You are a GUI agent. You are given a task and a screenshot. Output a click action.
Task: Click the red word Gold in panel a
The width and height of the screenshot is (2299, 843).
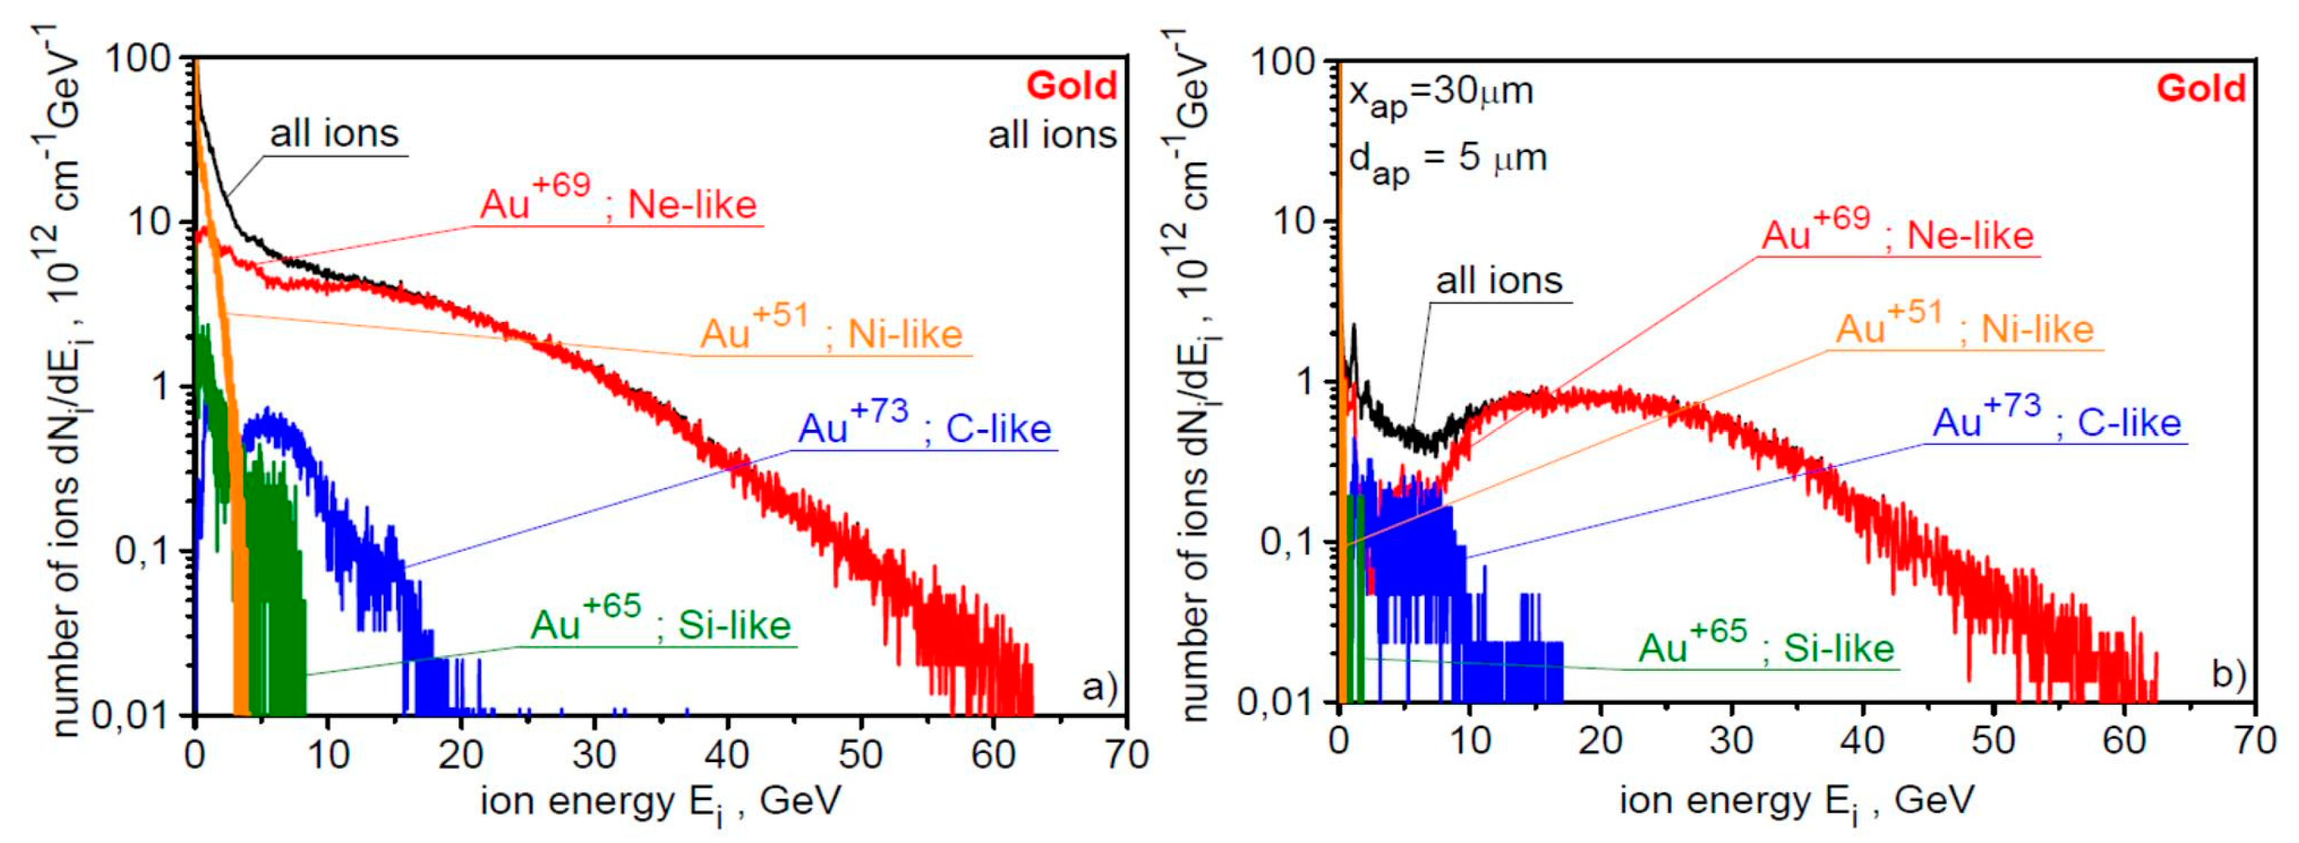coord(1071,86)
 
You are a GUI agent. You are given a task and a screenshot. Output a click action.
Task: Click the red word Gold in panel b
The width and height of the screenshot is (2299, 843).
coord(2200,88)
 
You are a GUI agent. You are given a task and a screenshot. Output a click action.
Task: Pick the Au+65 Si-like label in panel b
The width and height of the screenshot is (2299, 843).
coord(1766,644)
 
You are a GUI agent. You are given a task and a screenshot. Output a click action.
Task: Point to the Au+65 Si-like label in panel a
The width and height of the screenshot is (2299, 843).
coord(661,621)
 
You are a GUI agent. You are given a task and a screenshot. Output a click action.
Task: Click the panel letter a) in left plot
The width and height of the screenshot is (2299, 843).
coord(1098,687)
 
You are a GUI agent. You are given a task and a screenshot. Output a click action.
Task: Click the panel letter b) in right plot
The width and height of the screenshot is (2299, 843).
coord(2228,674)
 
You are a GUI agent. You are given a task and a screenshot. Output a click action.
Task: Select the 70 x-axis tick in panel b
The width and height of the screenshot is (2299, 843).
coord(2252,741)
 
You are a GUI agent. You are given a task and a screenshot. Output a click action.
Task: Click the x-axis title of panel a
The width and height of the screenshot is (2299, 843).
coord(661,801)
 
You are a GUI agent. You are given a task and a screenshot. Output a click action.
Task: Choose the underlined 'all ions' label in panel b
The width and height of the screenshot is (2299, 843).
coord(1499,281)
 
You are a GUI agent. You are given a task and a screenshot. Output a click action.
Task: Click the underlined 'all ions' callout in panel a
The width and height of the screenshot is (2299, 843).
coord(334,134)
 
